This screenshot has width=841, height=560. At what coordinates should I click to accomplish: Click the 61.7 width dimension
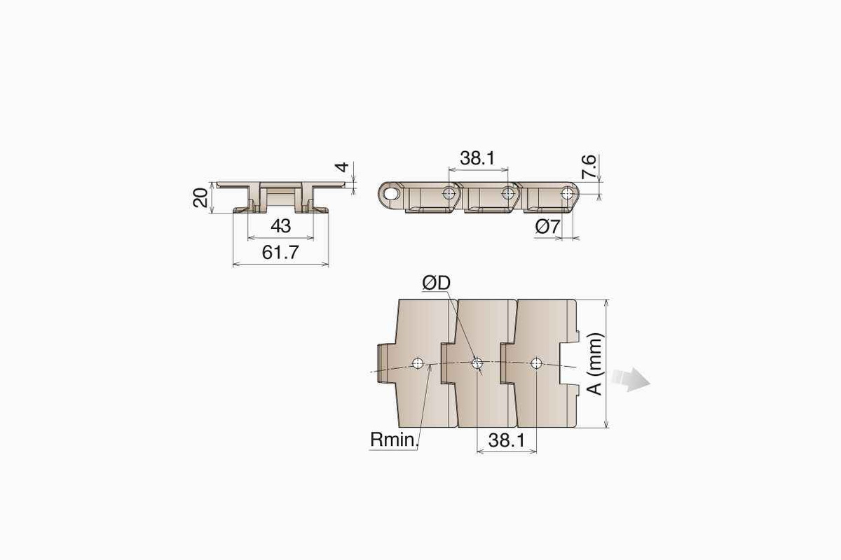coord(280,253)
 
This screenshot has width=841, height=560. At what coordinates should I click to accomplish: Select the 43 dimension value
coord(280,226)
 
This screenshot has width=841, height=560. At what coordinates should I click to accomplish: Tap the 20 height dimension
coord(201,198)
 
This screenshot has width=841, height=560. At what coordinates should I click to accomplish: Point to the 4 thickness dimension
coord(341,169)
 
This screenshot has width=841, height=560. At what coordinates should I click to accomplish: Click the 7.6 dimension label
coord(589,169)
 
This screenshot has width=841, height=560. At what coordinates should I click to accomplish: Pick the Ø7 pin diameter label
coord(547,226)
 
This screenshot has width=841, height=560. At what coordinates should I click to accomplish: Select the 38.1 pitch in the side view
coord(477,158)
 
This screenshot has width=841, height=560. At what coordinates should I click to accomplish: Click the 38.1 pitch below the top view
coord(506,440)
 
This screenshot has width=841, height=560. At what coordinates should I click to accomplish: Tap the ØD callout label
coord(436,283)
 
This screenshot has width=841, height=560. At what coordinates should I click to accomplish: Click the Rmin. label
coord(393,440)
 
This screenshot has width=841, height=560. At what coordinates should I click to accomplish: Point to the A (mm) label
coord(595,363)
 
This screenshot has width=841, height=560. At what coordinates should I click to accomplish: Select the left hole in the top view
coord(418,363)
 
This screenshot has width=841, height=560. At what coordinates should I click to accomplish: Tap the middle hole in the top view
coord(477,363)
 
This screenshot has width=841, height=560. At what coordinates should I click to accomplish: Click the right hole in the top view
coord(536,363)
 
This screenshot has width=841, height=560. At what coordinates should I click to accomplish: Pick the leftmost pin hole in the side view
coord(390,190)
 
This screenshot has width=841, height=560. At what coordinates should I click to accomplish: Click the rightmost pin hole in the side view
coord(566,191)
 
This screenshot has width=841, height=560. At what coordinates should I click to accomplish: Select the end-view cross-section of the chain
coord(280,196)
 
